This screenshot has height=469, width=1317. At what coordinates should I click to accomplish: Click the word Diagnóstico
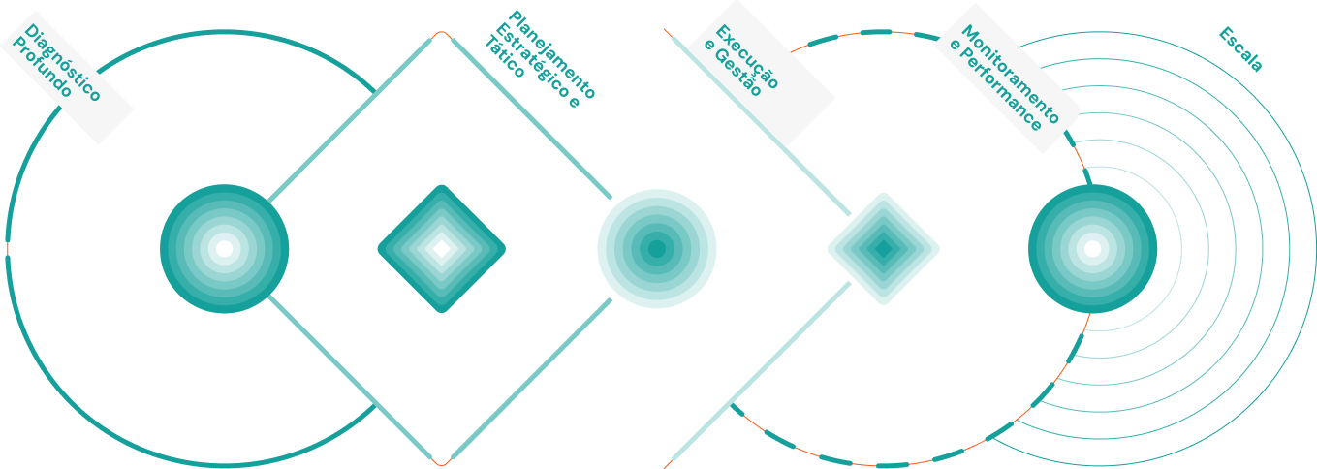65,63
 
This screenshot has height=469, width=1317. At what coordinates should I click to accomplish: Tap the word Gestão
735,72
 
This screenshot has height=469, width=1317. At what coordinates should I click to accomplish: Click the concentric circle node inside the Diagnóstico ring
224,249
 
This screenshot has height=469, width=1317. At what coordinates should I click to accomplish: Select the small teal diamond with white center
441,249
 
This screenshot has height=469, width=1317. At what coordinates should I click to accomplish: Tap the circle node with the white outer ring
657,249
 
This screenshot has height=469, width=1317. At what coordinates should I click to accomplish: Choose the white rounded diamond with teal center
883,249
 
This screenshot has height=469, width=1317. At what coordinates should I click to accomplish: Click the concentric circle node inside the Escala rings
1092,249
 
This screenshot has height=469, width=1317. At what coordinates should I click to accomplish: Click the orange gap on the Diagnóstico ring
8,248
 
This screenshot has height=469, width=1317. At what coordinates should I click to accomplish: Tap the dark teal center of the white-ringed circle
657,249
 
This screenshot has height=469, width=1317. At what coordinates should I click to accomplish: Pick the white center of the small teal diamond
441,249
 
